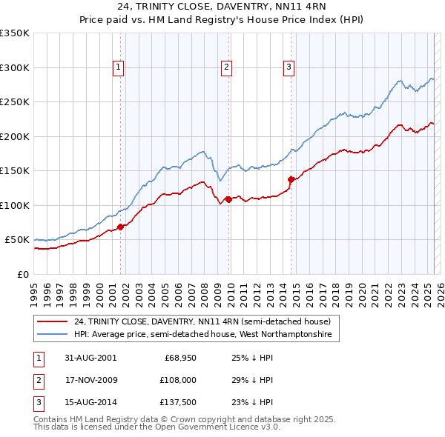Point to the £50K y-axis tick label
pos(18,240)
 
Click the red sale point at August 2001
pos(120,227)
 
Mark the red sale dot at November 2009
pos(228,199)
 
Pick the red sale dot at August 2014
pos(291,179)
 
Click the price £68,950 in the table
pos(179,358)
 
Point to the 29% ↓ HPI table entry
pos(247,380)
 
